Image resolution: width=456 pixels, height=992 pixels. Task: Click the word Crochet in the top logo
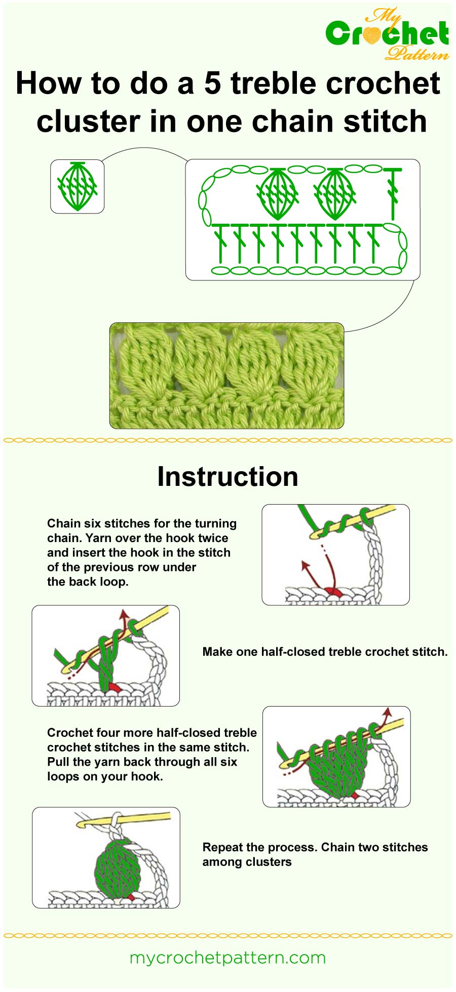click(x=387, y=34)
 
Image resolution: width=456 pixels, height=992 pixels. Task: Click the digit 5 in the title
click(x=213, y=83)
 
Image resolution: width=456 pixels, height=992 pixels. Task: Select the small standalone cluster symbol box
click(x=77, y=186)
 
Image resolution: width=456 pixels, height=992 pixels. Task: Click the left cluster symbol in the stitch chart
click(x=277, y=193)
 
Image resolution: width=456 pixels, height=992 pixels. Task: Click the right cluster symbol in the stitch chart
click(x=334, y=193)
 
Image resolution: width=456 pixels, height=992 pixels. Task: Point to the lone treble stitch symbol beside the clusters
click(x=393, y=192)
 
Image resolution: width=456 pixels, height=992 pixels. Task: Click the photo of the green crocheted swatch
click(x=226, y=376)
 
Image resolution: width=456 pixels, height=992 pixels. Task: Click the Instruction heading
click(x=227, y=477)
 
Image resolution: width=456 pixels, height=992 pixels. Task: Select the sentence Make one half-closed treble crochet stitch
click(x=325, y=652)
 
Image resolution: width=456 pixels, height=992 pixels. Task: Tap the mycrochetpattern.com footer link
click(x=227, y=958)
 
